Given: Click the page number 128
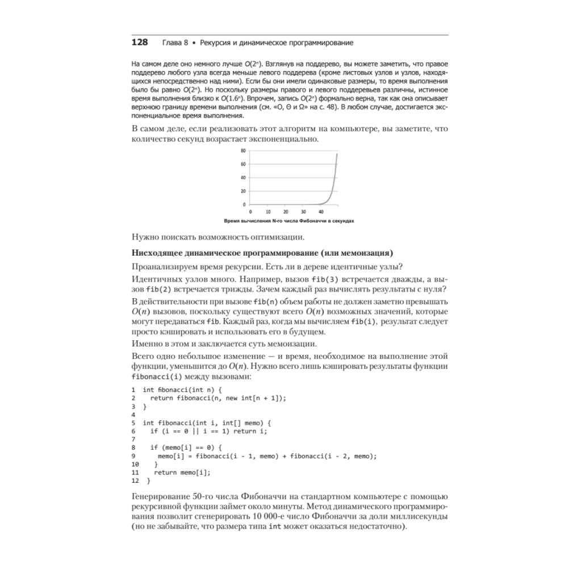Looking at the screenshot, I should tap(139, 43).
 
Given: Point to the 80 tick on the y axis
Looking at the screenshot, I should tap(243, 151).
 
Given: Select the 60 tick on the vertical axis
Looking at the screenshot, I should tap(243, 164).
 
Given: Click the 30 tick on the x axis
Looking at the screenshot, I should tap(303, 211).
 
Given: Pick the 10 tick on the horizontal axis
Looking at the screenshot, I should tap(268, 211).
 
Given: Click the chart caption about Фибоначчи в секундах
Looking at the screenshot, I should tap(289, 221).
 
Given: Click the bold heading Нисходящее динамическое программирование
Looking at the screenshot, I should tap(262, 253).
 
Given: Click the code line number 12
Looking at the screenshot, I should tap(135, 480).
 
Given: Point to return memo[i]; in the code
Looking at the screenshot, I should tap(182, 472).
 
